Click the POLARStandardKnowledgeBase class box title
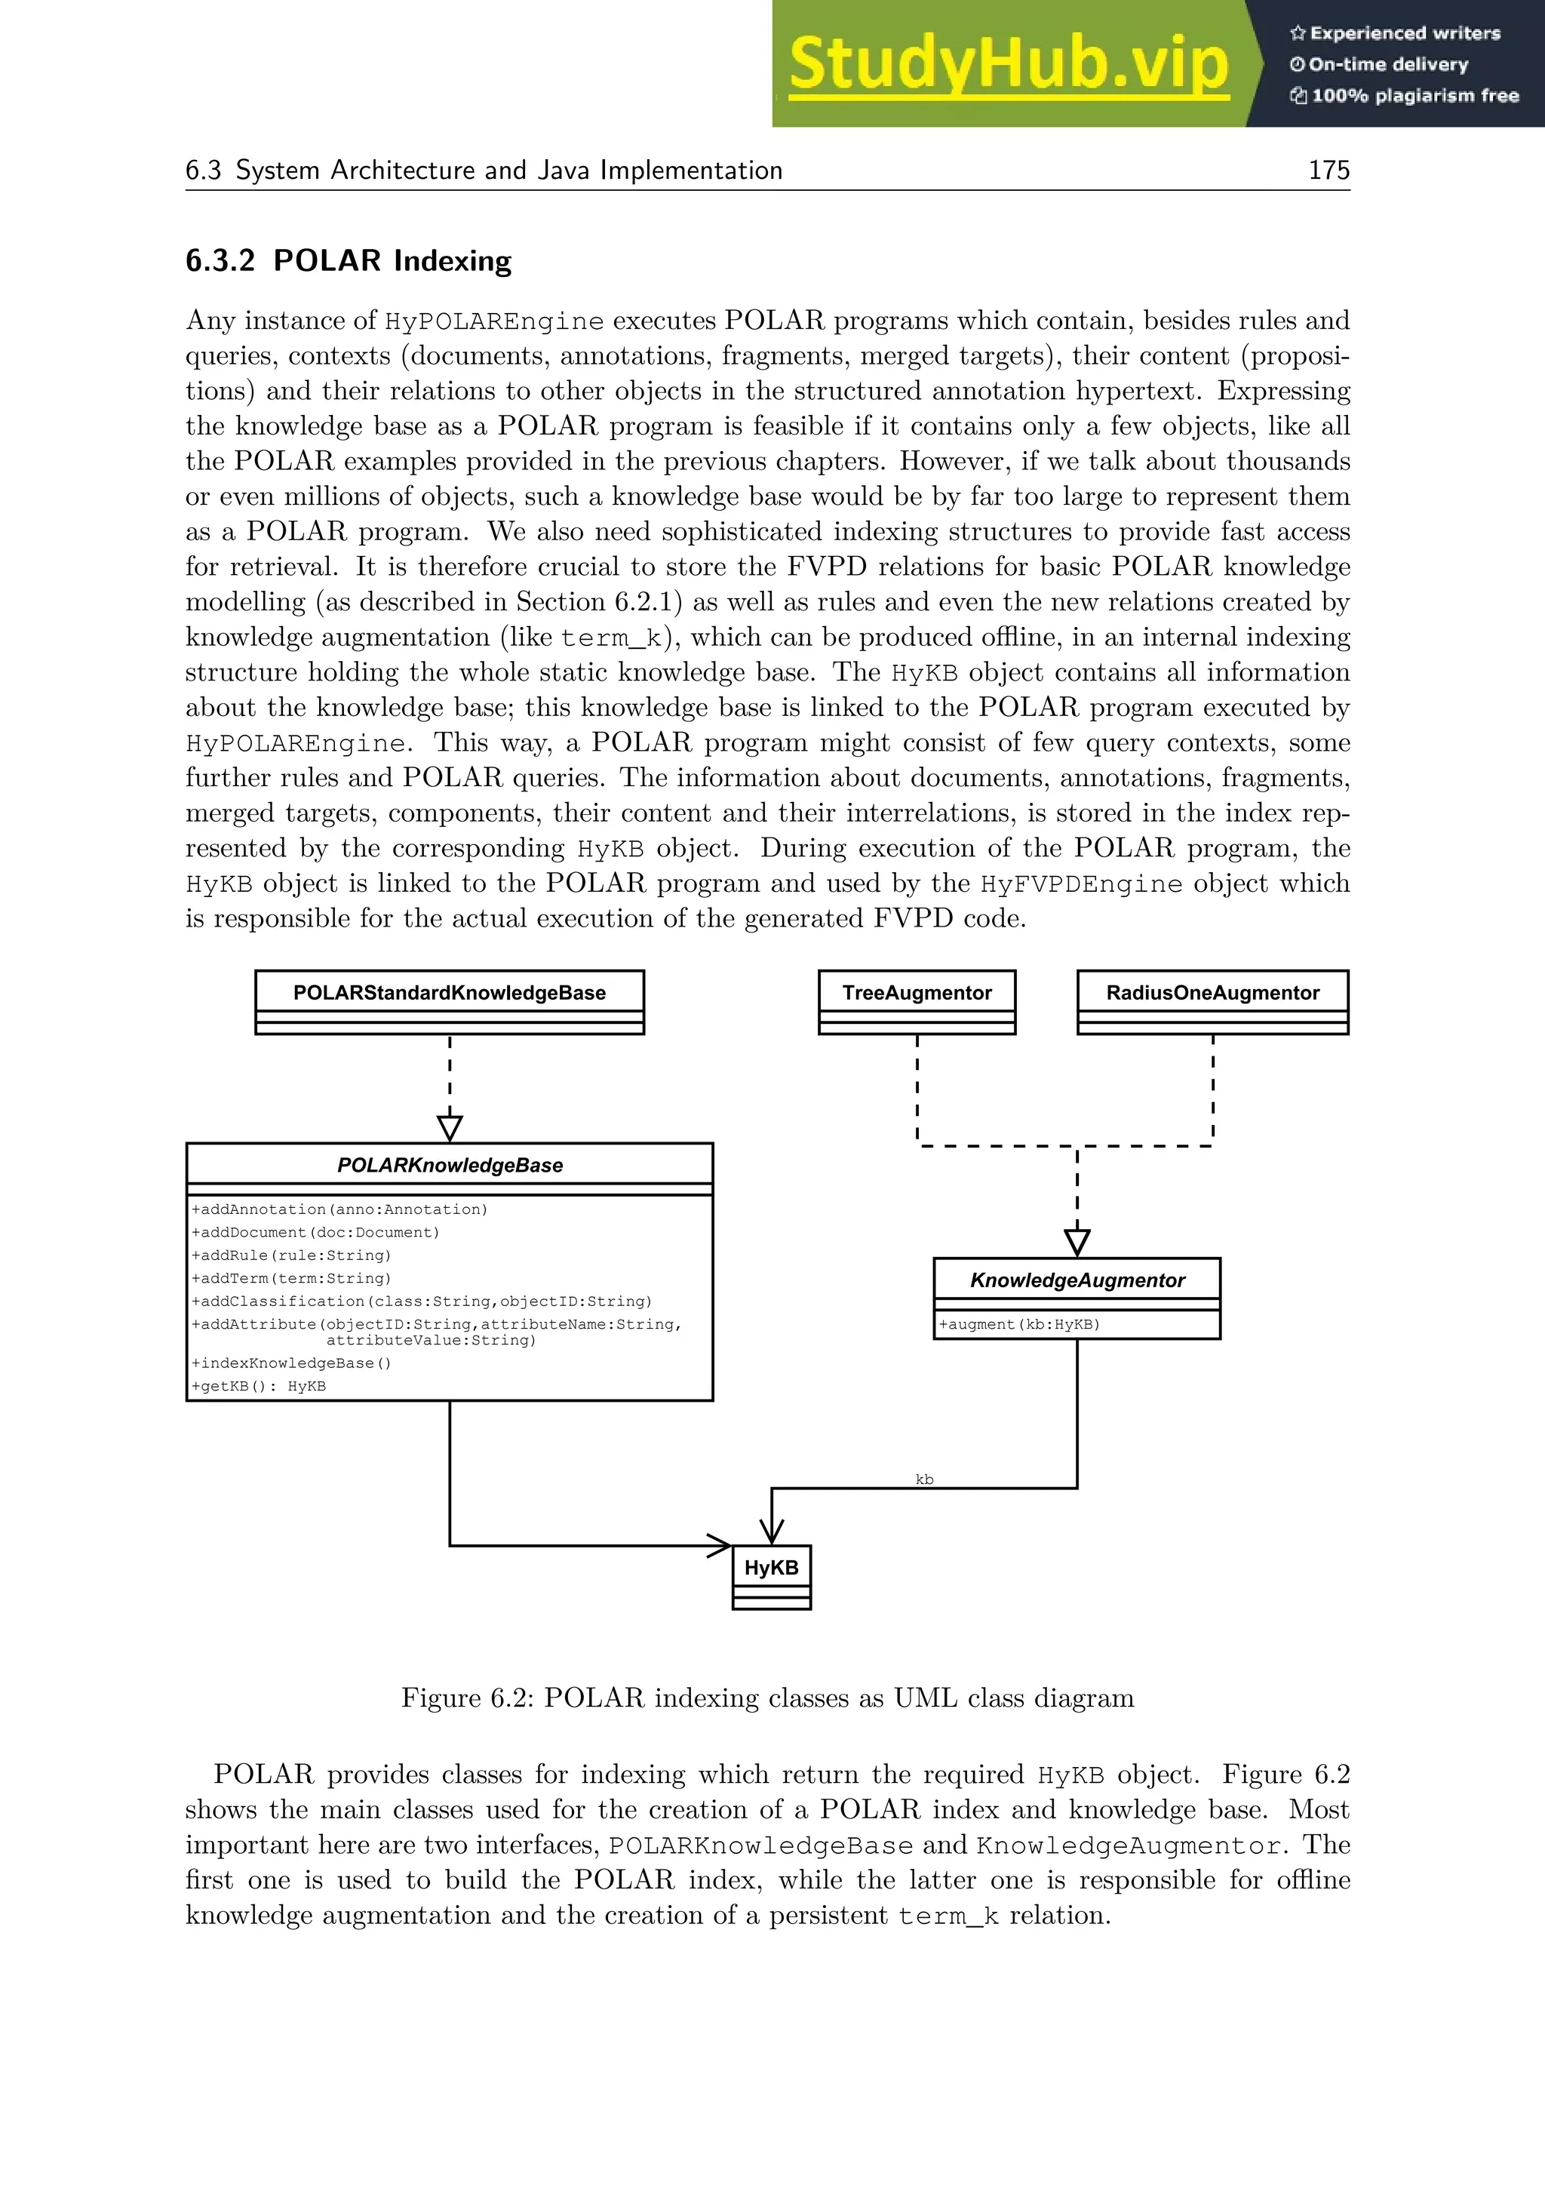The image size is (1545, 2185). click(x=449, y=993)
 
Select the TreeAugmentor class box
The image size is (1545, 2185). click(x=916, y=1001)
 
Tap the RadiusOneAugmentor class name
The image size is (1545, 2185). click(x=1212, y=993)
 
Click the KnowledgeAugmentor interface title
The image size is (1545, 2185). click(x=1077, y=1280)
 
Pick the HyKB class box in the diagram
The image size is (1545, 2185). click(x=772, y=1576)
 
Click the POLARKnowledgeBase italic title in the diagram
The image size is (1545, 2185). click(x=449, y=1165)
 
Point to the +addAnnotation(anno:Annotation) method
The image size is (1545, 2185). click(x=339, y=1209)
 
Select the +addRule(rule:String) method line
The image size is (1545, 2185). click(x=291, y=1255)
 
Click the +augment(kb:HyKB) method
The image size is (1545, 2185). click(x=1019, y=1324)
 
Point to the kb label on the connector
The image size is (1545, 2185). click(x=924, y=1479)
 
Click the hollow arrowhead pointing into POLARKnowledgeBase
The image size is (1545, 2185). click(x=449, y=1129)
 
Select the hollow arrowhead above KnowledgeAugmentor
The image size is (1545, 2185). click(x=1077, y=1242)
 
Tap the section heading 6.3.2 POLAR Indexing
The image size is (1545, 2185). click(x=349, y=261)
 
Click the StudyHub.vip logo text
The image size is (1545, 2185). click(x=1009, y=65)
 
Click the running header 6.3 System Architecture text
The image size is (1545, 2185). click(x=484, y=171)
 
